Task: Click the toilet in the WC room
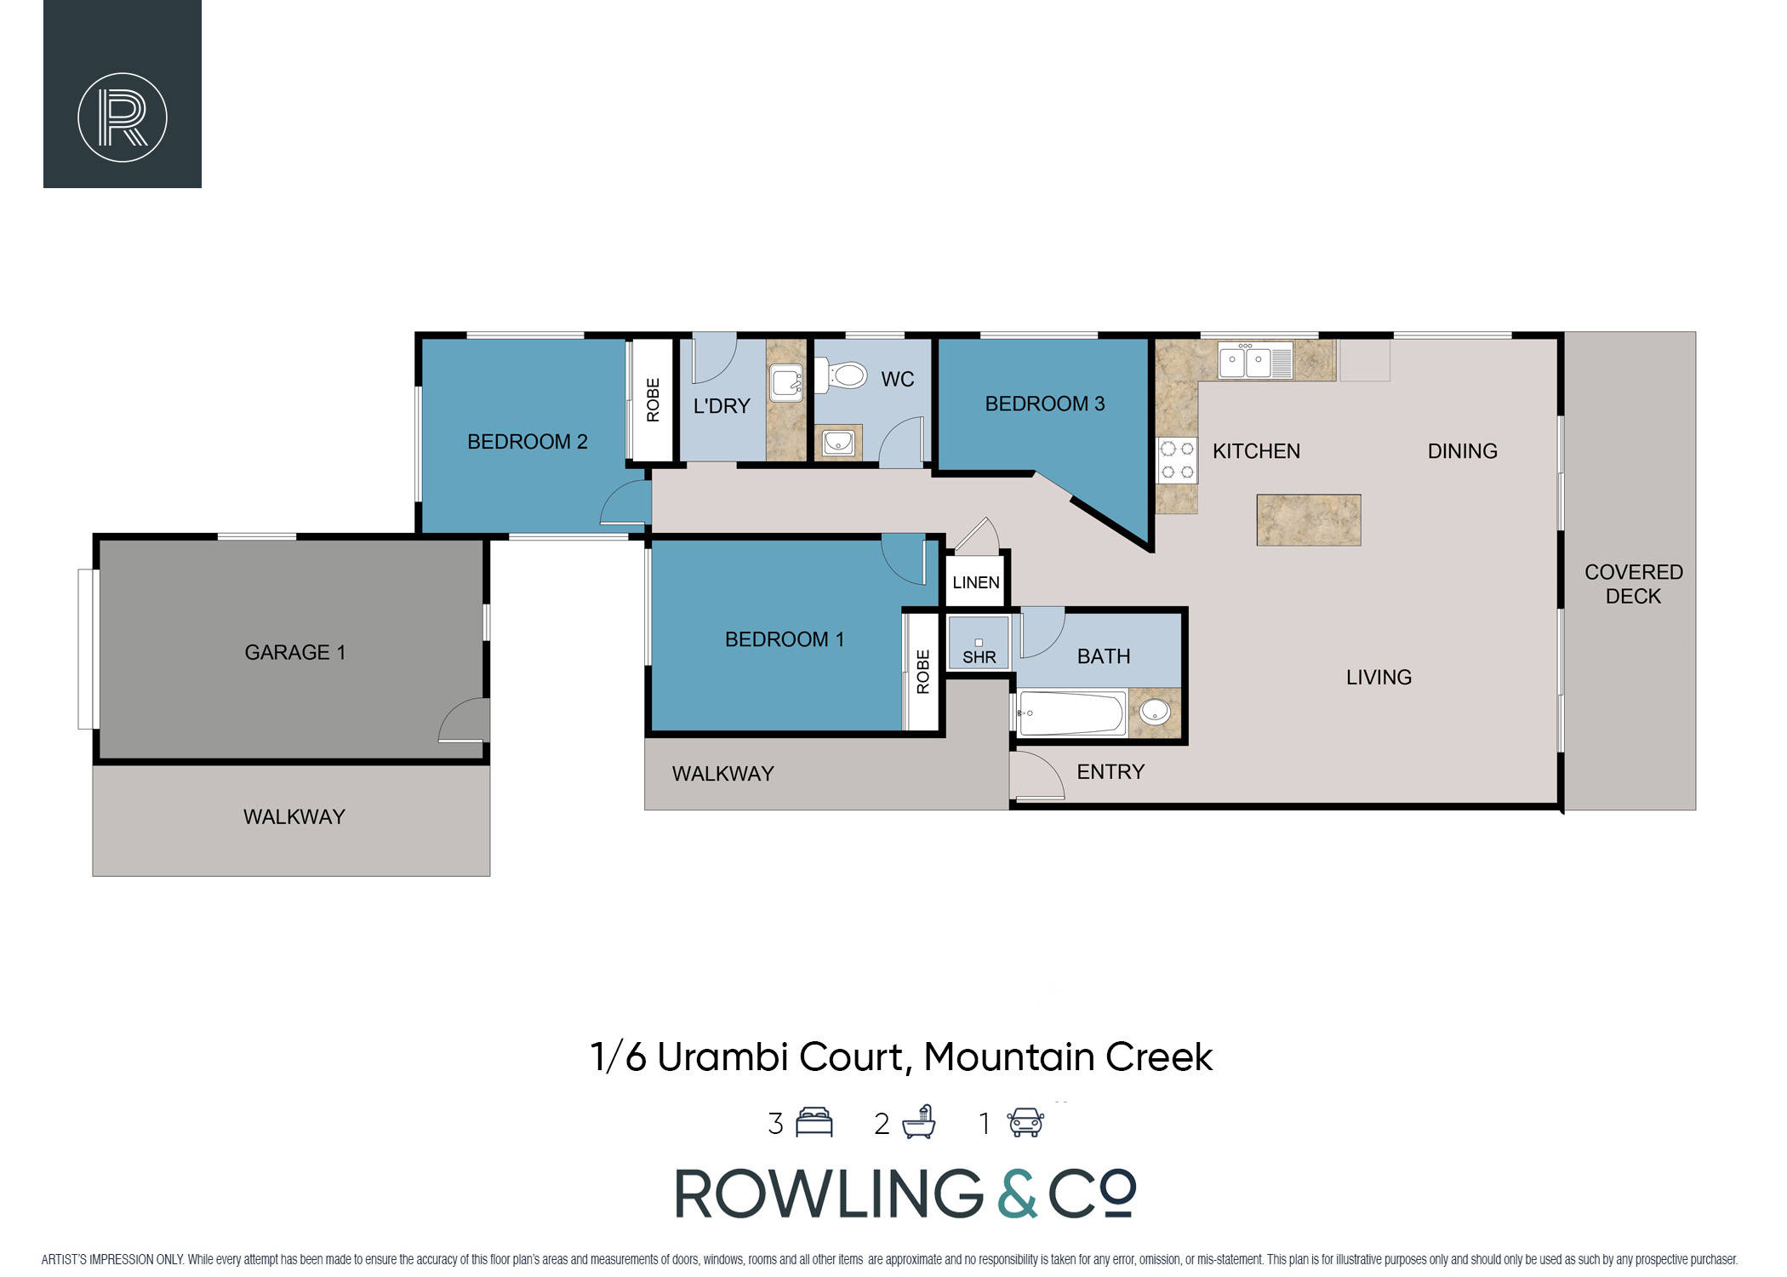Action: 841,374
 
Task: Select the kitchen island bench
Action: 1309,519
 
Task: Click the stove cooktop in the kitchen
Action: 1177,461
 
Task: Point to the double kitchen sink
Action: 1255,360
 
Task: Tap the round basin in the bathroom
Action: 1155,711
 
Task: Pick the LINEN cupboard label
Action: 976,582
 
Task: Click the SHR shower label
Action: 979,657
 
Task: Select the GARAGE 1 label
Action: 294,652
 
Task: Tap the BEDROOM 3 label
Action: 1045,404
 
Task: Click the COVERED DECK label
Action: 1634,584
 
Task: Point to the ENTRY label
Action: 1110,771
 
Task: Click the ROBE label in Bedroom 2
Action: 653,400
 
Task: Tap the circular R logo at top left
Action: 123,117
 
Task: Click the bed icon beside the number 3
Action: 814,1122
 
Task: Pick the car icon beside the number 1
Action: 1026,1122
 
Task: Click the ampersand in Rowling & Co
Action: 1018,1193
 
